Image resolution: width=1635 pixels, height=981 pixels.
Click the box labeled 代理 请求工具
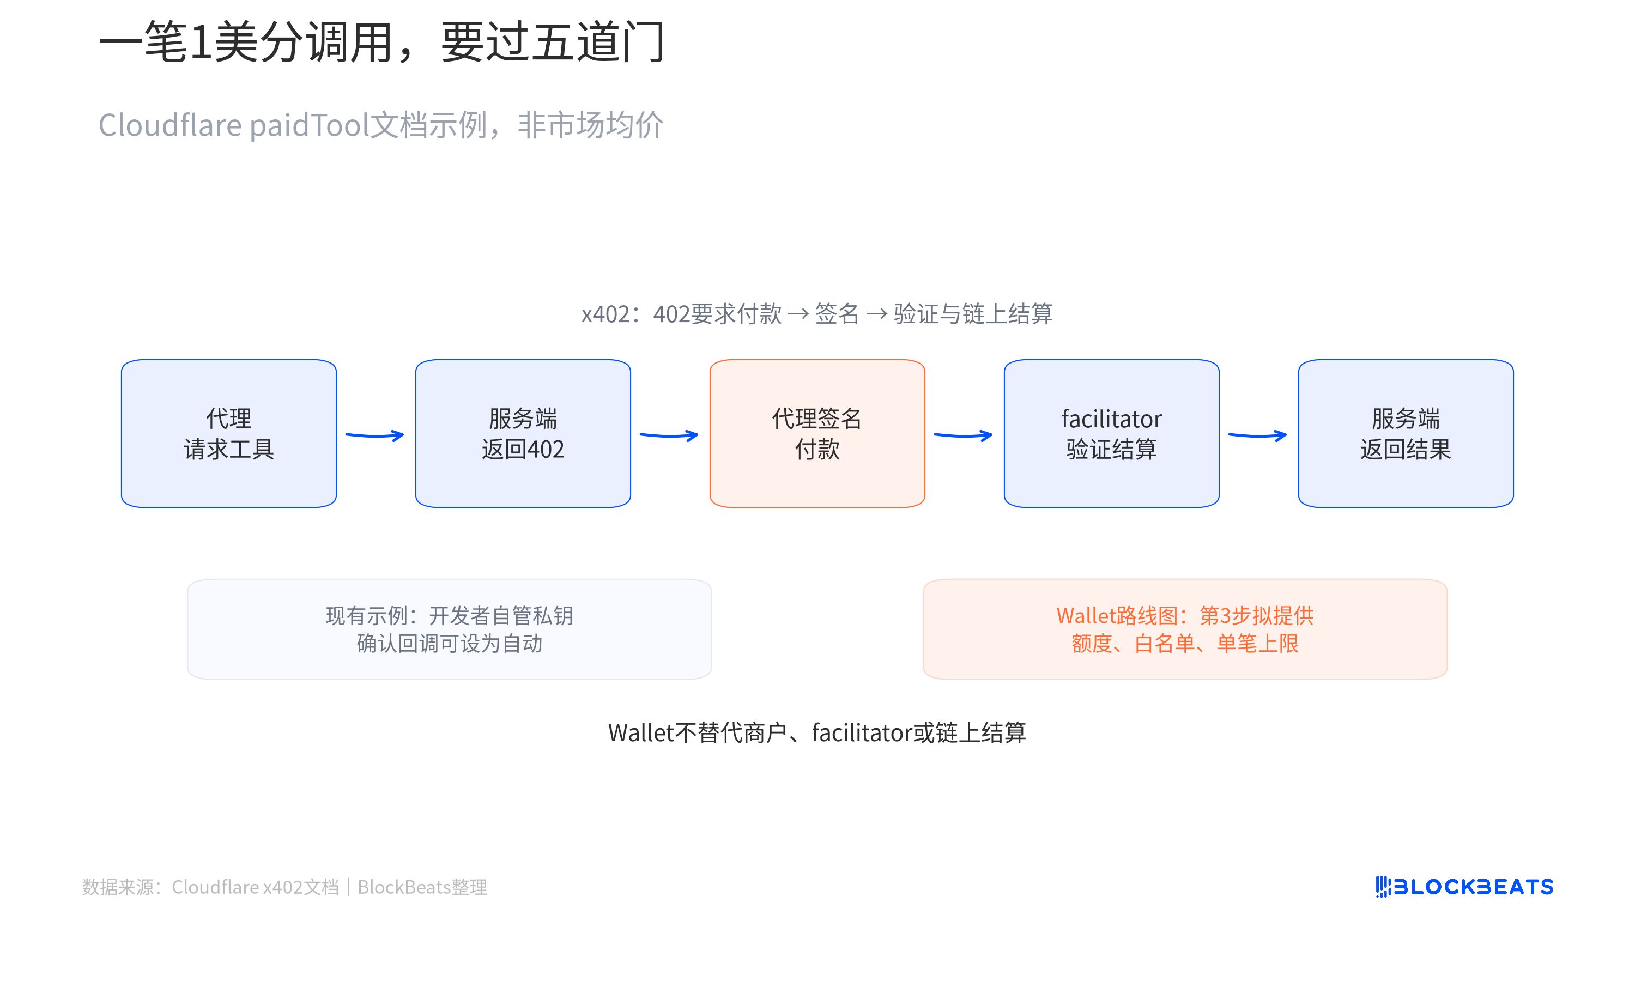click(229, 434)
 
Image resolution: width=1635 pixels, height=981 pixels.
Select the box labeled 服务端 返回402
click(523, 434)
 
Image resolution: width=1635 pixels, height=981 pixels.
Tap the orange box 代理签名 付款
click(817, 434)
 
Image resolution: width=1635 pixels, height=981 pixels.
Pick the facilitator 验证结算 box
click(1112, 434)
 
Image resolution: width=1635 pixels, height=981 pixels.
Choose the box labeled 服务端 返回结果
click(1406, 434)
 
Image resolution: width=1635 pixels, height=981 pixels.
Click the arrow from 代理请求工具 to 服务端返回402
click(375, 435)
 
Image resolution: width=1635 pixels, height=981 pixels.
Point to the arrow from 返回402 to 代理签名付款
click(669, 435)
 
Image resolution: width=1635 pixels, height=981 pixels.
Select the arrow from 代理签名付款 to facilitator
click(963, 435)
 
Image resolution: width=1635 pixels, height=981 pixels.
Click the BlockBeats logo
click(1464, 887)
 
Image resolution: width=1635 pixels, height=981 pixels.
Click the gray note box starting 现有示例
click(450, 629)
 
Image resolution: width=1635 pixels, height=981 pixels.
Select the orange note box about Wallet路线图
click(1185, 629)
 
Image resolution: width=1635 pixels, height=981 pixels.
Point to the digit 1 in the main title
click(200, 43)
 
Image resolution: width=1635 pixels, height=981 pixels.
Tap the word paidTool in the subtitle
click(308, 125)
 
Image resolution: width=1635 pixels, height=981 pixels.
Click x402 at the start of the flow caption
click(605, 314)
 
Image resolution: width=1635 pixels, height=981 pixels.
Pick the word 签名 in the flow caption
click(837, 313)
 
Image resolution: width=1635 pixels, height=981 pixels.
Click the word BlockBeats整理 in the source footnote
click(422, 887)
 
